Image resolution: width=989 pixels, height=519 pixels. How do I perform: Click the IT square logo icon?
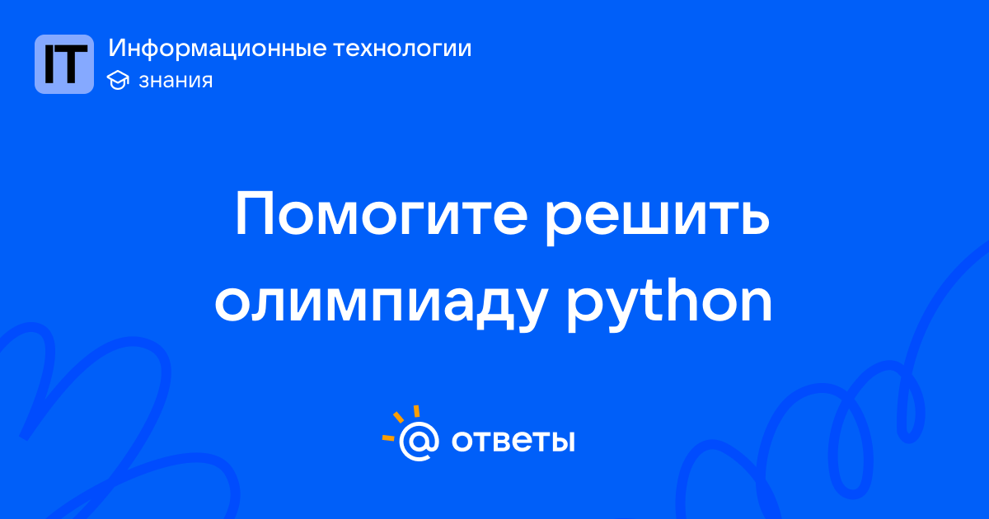pyautogui.click(x=64, y=64)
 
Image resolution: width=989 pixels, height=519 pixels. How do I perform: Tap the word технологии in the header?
pyautogui.click(x=403, y=49)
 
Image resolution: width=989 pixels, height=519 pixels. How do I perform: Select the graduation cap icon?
pyautogui.click(x=118, y=80)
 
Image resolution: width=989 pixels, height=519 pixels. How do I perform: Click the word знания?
pyautogui.click(x=176, y=81)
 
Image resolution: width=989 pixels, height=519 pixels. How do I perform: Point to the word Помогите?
pyautogui.click(x=382, y=214)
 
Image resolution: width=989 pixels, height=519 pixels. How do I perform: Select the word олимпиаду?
pyautogui.click(x=381, y=305)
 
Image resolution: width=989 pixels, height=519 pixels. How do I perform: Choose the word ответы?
pyautogui.click(x=513, y=441)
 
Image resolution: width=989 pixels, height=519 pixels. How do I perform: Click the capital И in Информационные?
pyautogui.click(x=117, y=49)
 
